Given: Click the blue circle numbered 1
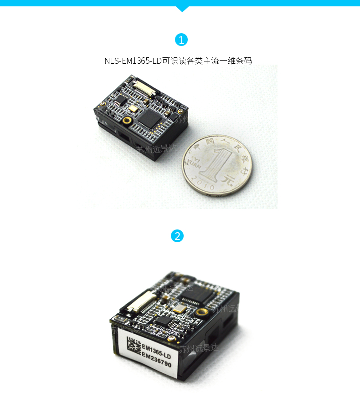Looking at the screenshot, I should point(181,40).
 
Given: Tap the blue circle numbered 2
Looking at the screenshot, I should point(177,236).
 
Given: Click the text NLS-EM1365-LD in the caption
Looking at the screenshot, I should point(133,61).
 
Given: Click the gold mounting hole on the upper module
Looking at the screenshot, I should point(127,120).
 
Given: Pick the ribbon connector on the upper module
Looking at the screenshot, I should point(144,86).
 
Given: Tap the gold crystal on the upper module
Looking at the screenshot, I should point(132,108).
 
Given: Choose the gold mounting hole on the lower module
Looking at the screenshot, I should point(201,312).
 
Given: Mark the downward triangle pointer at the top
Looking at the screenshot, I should point(182,9).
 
